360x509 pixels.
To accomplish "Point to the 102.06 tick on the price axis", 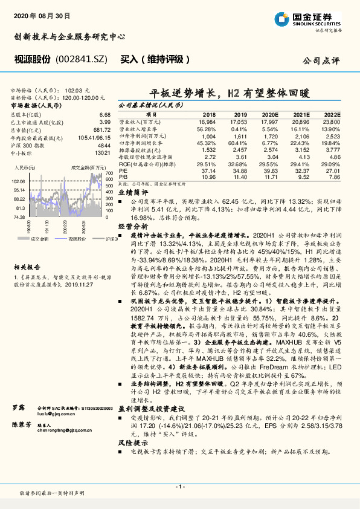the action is point(18,181).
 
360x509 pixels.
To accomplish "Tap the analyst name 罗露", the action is point(19,409).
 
